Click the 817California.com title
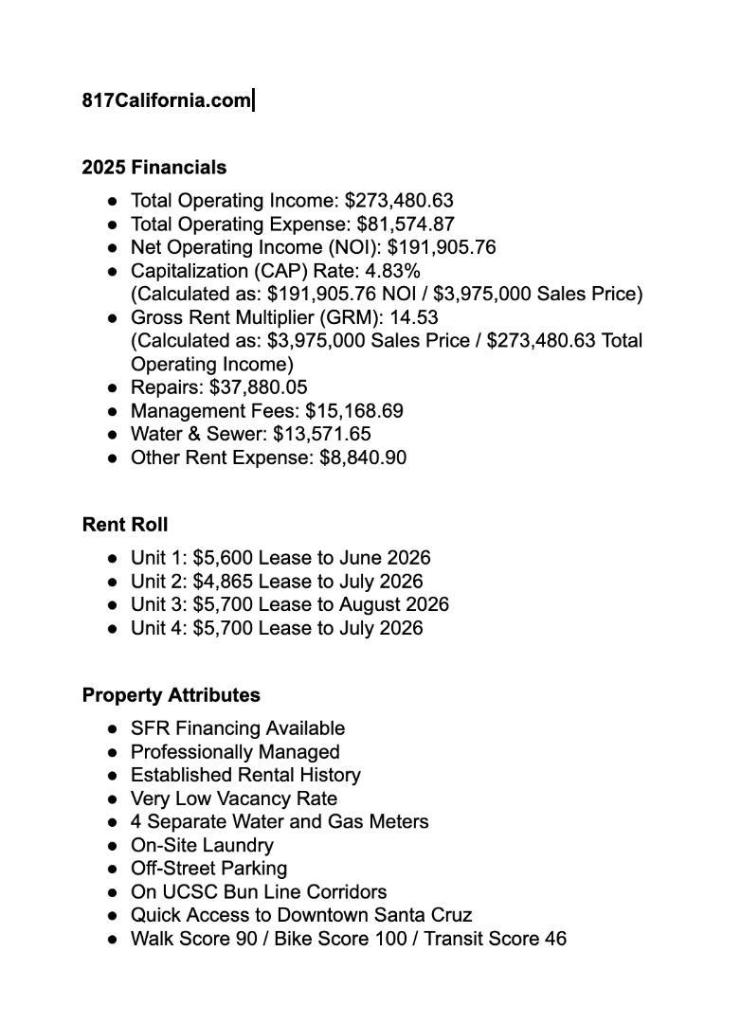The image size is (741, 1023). pyautogui.click(x=166, y=100)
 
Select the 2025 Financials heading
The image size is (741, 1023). pyautogui.click(x=154, y=168)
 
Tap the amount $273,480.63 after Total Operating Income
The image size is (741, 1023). pyautogui.click(x=399, y=201)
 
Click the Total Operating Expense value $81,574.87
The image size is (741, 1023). pyautogui.click(x=406, y=224)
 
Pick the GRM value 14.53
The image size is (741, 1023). pyautogui.click(x=414, y=317)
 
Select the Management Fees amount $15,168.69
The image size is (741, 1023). pyautogui.click(x=354, y=411)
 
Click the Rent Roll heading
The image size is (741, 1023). pyautogui.click(x=125, y=525)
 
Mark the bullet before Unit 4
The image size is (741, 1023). pyautogui.click(x=113, y=628)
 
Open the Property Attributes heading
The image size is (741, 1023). pyautogui.click(x=172, y=695)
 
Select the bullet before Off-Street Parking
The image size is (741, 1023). pyautogui.click(x=113, y=869)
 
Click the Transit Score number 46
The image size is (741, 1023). pyautogui.click(x=555, y=939)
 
